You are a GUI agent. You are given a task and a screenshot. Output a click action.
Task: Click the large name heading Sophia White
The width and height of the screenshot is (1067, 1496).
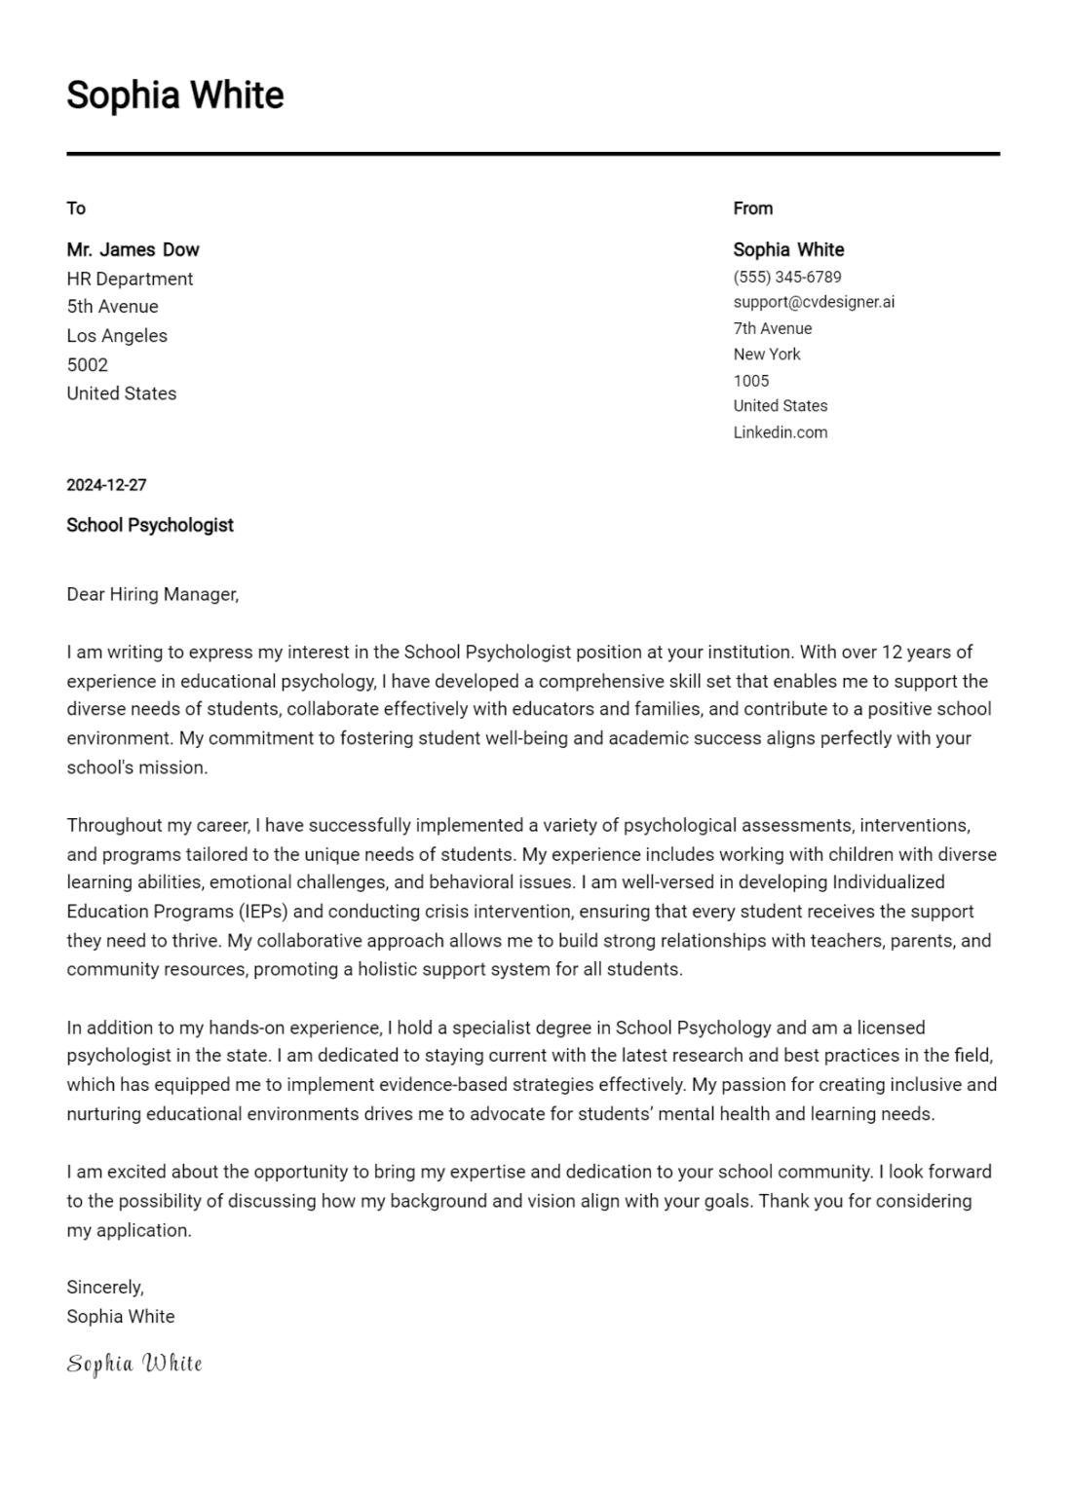(175, 95)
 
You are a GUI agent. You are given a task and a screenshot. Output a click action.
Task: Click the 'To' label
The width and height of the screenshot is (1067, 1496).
(76, 208)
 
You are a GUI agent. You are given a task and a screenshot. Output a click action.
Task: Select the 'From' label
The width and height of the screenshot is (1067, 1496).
(752, 208)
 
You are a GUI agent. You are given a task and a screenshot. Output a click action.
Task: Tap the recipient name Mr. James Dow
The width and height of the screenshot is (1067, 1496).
(133, 249)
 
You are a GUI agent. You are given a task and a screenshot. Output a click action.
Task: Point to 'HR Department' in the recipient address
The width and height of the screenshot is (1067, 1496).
(130, 279)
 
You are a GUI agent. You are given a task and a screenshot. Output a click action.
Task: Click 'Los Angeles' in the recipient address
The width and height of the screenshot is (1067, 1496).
(117, 336)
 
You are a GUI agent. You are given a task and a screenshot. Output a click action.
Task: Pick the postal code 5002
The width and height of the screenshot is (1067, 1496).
(87, 365)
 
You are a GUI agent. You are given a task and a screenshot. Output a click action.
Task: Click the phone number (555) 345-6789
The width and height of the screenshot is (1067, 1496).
(787, 278)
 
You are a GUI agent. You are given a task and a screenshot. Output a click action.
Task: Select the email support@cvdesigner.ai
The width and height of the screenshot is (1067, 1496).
(814, 302)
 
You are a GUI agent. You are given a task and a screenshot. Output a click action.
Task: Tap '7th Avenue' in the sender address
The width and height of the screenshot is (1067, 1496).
(773, 329)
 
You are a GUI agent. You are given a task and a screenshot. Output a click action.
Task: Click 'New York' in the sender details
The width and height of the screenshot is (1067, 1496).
(767, 355)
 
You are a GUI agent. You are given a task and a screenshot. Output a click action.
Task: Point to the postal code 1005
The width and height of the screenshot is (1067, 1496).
(751, 381)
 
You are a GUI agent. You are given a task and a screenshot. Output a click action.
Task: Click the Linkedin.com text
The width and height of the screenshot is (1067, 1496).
(781, 432)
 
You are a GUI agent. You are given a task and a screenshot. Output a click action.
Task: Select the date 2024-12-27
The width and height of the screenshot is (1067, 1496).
(106, 485)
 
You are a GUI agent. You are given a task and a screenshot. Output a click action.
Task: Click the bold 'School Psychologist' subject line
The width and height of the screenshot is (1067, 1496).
(150, 525)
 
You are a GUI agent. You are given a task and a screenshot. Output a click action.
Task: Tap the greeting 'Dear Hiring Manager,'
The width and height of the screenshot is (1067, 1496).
(152, 594)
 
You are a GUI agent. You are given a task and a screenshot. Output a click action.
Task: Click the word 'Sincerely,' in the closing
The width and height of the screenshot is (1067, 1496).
(105, 1288)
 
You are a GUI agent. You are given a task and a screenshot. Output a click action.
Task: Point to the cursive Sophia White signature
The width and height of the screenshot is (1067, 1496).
(134, 1364)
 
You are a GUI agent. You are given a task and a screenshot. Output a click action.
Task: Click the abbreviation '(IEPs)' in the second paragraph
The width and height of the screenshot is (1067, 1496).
(263, 912)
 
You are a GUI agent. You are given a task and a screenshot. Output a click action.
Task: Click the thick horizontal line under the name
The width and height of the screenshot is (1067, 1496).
(533, 154)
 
